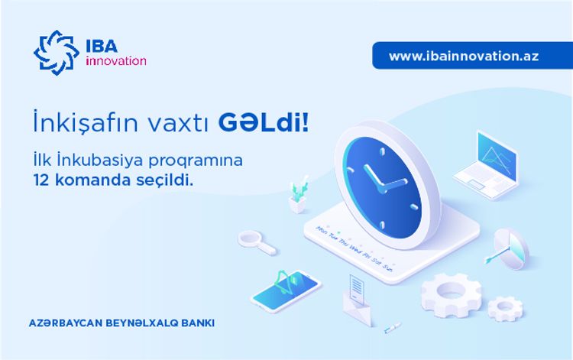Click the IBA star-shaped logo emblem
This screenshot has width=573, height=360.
coord(56,51)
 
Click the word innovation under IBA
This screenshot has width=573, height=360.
coord(115,61)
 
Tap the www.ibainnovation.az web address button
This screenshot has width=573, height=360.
coord(463,56)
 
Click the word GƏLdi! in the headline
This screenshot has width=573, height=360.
coord(264,122)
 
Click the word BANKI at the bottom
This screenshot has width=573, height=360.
coord(195,323)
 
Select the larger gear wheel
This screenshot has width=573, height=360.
coord(451,293)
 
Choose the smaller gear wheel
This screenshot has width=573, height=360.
coord(504,307)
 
